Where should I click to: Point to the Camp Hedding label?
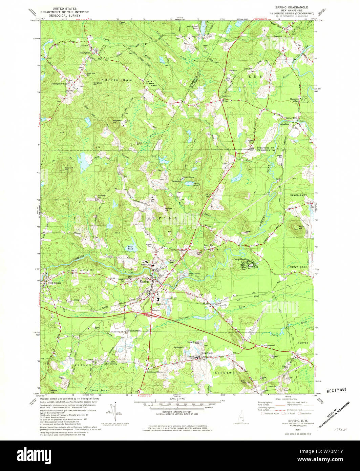[241, 260]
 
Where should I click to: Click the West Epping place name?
[54, 283]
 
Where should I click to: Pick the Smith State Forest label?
[151, 84]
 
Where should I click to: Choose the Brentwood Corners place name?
[155, 372]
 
